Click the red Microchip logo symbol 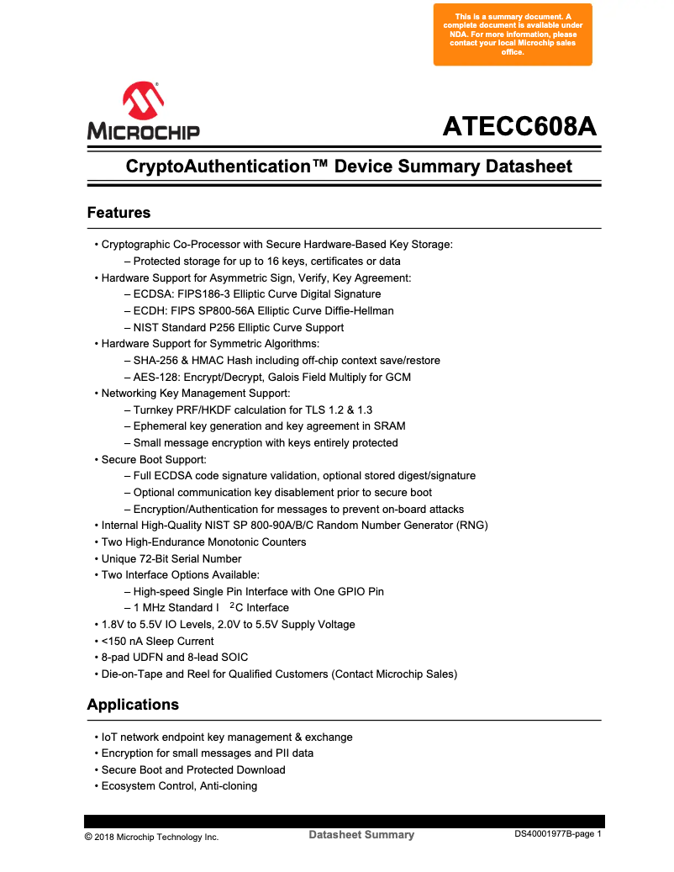click(143, 101)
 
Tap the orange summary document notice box click(513, 34)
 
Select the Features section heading click(118, 213)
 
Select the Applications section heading click(133, 705)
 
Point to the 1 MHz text click(152, 608)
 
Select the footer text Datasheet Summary click(361, 835)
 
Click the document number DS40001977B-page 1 click(558, 834)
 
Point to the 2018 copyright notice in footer click(151, 837)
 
